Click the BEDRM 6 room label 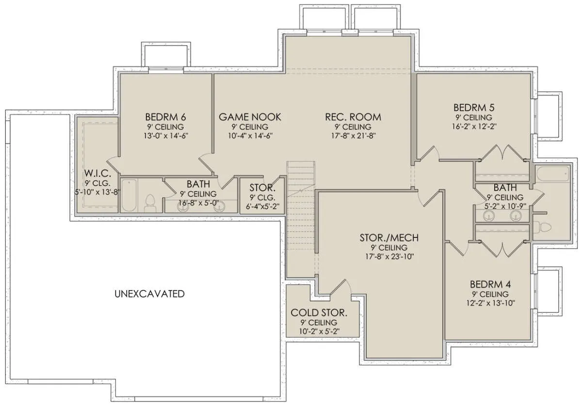click(x=165, y=117)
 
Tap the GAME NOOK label click(x=250, y=117)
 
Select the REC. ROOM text click(x=353, y=117)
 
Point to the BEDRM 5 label click(x=474, y=108)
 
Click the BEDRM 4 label click(x=490, y=284)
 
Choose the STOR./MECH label click(x=389, y=237)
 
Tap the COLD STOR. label click(x=319, y=312)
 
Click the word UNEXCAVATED click(x=149, y=294)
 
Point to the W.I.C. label click(x=97, y=173)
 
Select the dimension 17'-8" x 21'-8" click(x=354, y=136)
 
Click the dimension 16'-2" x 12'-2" click(x=474, y=126)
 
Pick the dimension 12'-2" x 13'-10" click(x=490, y=303)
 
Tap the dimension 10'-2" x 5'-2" click(x=319, y=331)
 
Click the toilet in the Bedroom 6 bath click(x=150, y=204)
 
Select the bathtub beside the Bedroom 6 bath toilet click(x=129, y=195)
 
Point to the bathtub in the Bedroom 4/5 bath click(x=552, y=174)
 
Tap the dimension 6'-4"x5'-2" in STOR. click(x=262, y=207)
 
